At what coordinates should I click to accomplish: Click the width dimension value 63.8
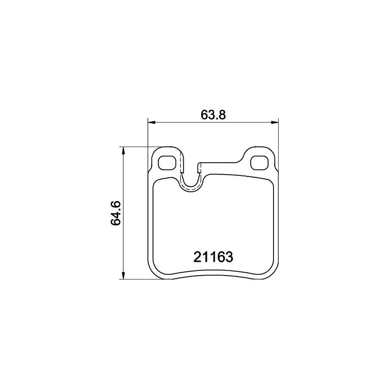pos(213,115)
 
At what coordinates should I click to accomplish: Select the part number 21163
pos(213,257)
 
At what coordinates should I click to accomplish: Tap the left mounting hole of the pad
pos(166,162)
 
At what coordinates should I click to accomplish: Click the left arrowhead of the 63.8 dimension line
pos(151,123)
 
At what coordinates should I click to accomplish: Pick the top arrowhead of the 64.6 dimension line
pos(124,150)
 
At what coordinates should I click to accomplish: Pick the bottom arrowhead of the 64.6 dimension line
pos(124,276)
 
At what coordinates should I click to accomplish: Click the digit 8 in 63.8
pos(222,115)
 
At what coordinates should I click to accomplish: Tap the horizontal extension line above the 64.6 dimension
pos(138,147)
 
